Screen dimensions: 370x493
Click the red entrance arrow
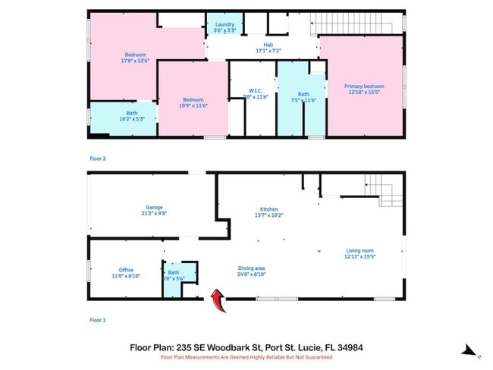[x=217, y=301]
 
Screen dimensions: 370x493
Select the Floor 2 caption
[x=98, y=159]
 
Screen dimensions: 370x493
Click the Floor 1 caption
[x=98, y=321]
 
